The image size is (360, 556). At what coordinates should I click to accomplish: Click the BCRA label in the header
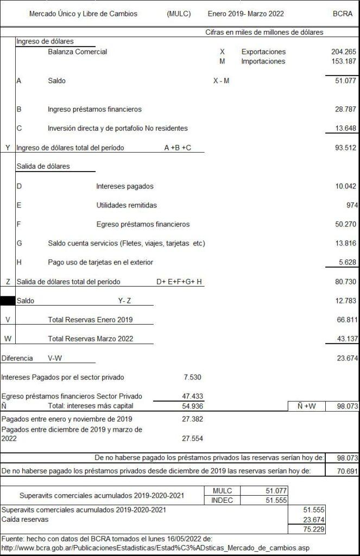click(342, 14)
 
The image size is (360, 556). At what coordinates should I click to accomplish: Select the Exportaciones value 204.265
click(343, 52)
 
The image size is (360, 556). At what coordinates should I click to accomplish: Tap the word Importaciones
click(263, 61)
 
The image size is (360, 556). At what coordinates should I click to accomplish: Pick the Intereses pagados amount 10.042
click(345, 186)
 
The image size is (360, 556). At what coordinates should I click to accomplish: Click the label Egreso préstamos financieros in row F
click(143, 224)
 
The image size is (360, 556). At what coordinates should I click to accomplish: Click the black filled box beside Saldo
click(8, 300)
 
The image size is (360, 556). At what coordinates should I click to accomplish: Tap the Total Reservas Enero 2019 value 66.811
click(345, 319)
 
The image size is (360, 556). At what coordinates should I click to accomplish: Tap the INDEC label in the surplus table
click(223, 500)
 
